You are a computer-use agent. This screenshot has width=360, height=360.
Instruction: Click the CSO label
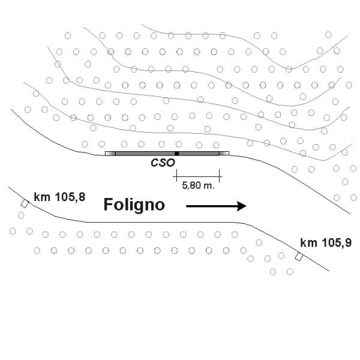point(163,163)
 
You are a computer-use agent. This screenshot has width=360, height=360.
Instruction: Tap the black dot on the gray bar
point(177,154)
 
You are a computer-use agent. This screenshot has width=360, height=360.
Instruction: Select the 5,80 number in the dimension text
point(191,185)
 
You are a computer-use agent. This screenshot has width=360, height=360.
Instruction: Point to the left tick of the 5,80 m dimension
point(176,176)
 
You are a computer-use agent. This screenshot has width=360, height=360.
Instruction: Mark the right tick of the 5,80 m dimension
point(220,176)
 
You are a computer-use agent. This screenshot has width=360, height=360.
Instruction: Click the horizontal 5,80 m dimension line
point(197,176)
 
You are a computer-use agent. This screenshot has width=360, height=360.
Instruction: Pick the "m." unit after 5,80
point(209,185)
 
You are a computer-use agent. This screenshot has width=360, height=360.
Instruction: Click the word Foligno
point(134,205)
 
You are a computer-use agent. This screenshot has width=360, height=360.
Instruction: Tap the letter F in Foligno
point(108,204)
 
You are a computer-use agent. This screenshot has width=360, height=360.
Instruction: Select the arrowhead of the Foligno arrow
point(242,206)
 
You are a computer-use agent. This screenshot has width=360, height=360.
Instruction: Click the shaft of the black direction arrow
point(212,206)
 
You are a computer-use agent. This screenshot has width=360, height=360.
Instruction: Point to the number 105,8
point(70,197)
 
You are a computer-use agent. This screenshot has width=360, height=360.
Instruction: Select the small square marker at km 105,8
point(25,203)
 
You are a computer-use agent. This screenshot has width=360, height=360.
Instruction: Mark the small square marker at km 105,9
point(299,256)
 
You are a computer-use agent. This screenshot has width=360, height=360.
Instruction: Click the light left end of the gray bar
point(110,154)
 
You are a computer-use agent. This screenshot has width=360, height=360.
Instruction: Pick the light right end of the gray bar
point(224,154)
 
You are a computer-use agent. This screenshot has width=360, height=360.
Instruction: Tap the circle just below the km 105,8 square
point(21,215)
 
